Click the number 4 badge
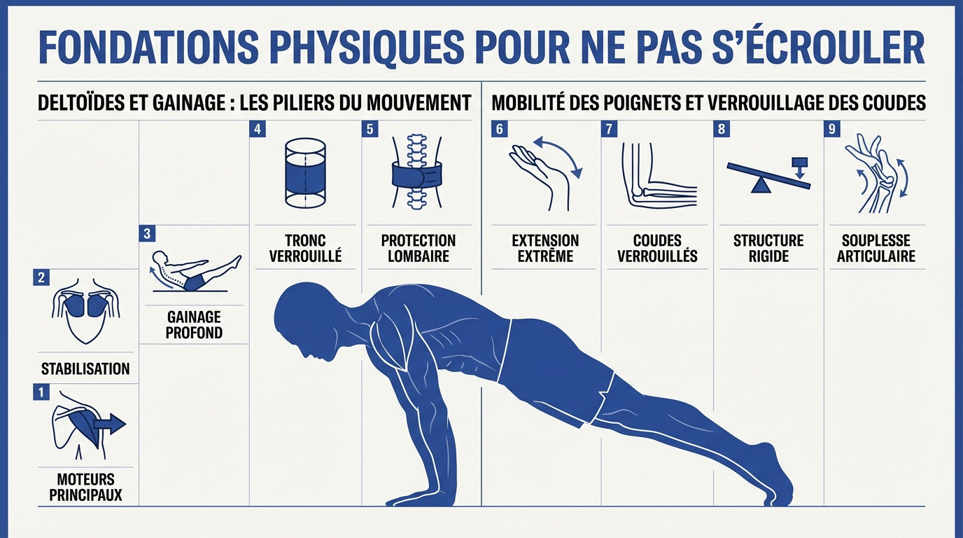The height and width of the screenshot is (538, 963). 258,129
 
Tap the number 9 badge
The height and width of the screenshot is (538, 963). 832,129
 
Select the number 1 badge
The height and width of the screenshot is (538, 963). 41,392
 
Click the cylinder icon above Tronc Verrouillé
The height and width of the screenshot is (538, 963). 305,173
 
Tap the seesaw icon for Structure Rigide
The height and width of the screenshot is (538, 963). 768,175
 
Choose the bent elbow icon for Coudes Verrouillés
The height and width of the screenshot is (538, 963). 658,175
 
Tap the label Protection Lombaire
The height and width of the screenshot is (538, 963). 418,249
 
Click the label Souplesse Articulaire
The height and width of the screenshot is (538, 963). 876,249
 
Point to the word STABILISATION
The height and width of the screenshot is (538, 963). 85,369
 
